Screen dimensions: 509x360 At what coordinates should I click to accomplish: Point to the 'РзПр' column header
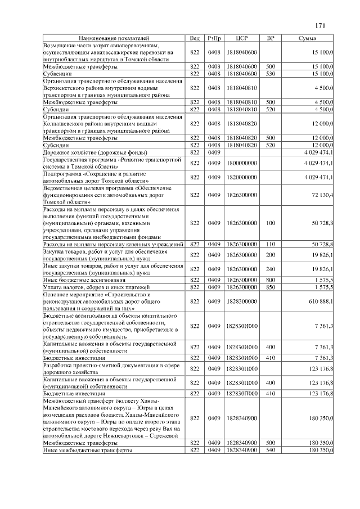point(214,38)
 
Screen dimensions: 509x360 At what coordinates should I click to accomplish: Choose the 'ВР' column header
point(271,38)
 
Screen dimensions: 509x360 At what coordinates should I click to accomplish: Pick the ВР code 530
point(271,73)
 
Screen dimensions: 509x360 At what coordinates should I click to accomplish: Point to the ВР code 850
point(271,287)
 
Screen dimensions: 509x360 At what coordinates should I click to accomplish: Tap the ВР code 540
point(271,450)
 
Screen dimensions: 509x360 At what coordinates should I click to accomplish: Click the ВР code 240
point(271,269)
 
